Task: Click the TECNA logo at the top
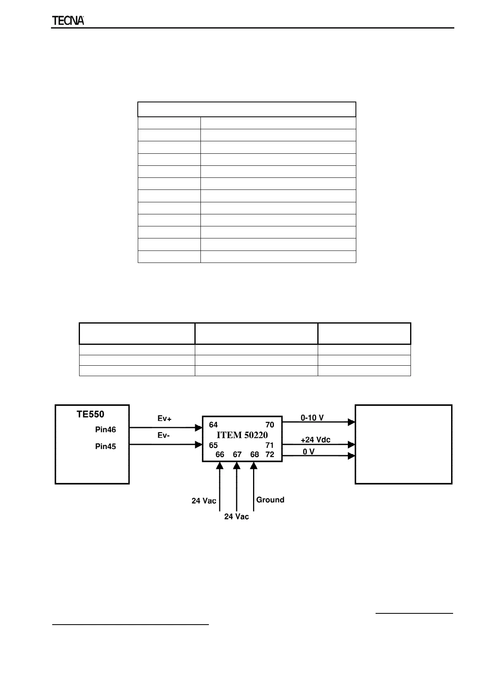pyautogui.click(x=68, y=21)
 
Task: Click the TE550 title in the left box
pyautogui.click(x=90, y=415)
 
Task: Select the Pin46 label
pyautogui.click(x=106, y=430)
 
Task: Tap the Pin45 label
pyautogui.click(x=106, y=446)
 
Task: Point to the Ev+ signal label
pyautogui.click(x=164, y=419)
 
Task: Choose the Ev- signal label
pyautogui.click(x=163, y=436)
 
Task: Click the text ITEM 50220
pyautogui.click(x=242, y=435)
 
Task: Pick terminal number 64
pyautogui.click(x=213, y=425)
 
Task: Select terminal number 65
pyautogui.click(x=213, y=445)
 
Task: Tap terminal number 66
pyautogui.click(x=220, y=454)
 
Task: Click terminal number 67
pyautogui.click(x=237, y=454)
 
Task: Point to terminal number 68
pyautogui.click(x=254, y=454)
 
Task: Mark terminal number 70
pyautogui.click(x=270, y=425)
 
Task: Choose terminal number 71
pyautogui.click(x=270, y=445)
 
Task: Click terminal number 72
pyautogui.click(x=270, y=454)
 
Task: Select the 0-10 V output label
pyautogui.click(x=312, y=418)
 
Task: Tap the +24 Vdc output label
pyautogui.click(x=315, y=440)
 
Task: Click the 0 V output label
pyautogui.click(x=308, y=452)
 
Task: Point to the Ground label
pyautogui.click(x=270, y=500)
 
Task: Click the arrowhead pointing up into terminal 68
pyautogui.click(x=253, y=466)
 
